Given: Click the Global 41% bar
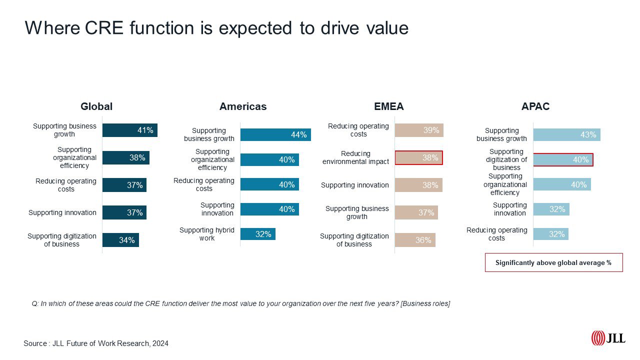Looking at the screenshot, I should coord(129,130).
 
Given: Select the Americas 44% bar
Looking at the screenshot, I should coord(275,134).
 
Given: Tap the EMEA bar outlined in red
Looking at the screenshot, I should coord(418,157).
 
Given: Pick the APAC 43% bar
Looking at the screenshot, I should coord(566,134).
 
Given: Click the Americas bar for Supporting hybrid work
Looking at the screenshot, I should coord(257,234).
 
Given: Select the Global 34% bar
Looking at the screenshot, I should coord(120,240).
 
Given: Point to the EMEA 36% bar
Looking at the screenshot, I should coord(415,240).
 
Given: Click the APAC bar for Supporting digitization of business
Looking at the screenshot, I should coord(563,159).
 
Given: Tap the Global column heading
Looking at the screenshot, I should coord(96,106).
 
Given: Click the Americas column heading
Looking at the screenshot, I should coord(243,106).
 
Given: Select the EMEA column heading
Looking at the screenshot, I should coord(388,106).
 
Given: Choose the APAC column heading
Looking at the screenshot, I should coord(535,106).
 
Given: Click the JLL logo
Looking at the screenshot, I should coord(608,338).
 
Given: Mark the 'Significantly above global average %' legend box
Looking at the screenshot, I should coord(553,262).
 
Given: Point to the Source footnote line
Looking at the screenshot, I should coord(96,343).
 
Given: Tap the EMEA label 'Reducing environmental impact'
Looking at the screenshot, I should coord(356,157).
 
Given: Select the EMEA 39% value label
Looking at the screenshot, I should coord(431,130).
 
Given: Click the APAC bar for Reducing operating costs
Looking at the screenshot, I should coord(550,234).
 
